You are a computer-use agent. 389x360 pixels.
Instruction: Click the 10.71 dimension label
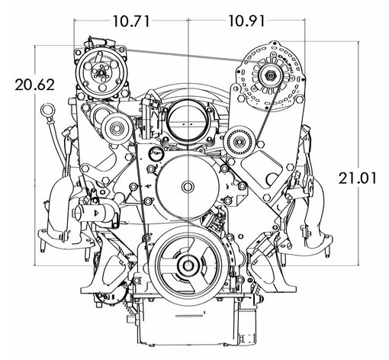click(x=131, y=21)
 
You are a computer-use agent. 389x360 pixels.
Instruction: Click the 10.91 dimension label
click(x=246, y=21)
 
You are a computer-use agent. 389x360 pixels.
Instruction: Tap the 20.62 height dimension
click(x=34, y=85)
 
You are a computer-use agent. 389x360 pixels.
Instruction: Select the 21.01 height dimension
click(x=357, y=178)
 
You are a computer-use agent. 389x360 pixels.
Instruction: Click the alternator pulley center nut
click(x=270, y=76)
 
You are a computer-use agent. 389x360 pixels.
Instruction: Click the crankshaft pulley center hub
click(x=188, y=266)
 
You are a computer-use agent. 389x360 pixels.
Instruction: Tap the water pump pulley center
click(x=188, y=187)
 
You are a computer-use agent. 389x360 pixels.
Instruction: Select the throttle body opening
click(x=188, y=125)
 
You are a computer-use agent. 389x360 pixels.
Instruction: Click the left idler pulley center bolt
click(x=117, y=128)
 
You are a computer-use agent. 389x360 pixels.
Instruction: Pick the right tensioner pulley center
click(x=240, y=141)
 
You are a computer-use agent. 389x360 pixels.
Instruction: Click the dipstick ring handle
click(x=47, y=111)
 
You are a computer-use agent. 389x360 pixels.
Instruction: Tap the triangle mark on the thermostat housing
click(x=97, y=213)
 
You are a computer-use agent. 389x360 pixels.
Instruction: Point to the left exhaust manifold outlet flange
click(x=66, y=240)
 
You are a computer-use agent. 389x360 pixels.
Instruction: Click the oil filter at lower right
click(x=246, y=328)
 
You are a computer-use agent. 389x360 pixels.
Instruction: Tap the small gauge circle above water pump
click(x=155, y=154)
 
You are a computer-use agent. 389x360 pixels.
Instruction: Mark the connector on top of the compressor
click(x=100, y=41)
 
